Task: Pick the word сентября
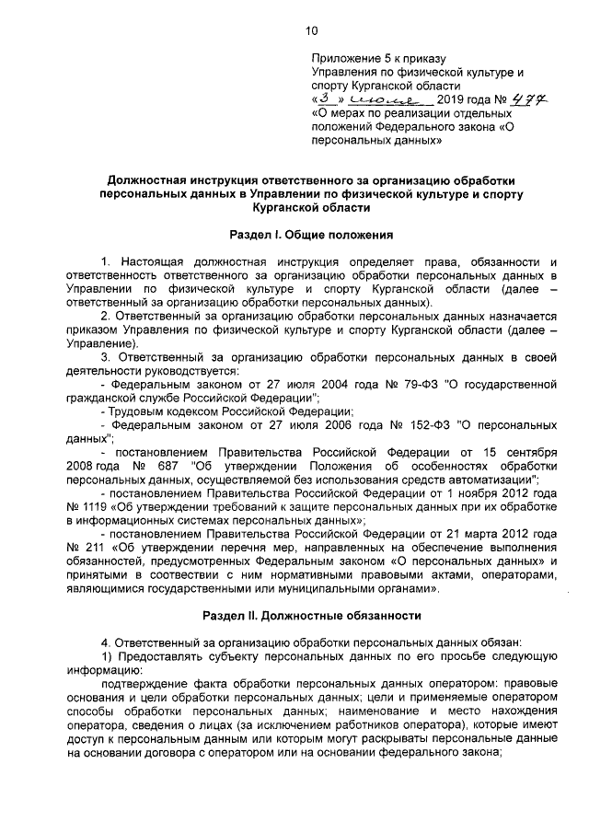527,453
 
